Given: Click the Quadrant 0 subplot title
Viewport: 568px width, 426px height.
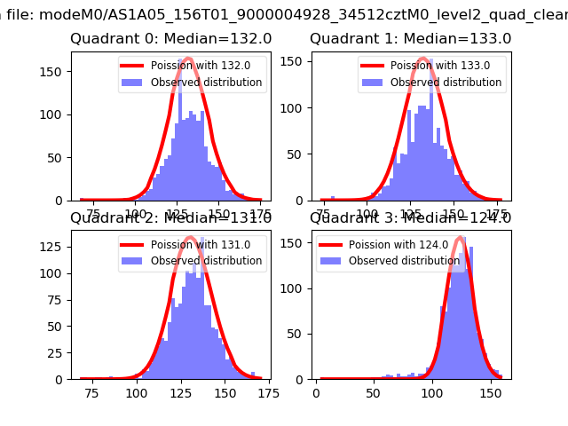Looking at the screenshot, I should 170,39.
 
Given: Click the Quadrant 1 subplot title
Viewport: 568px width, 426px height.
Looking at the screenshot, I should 410,39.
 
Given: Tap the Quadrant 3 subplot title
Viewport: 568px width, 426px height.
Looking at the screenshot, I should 410,218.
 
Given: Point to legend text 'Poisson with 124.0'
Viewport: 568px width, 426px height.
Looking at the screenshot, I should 392,245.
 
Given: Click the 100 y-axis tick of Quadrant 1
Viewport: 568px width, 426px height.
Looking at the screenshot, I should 296,108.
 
